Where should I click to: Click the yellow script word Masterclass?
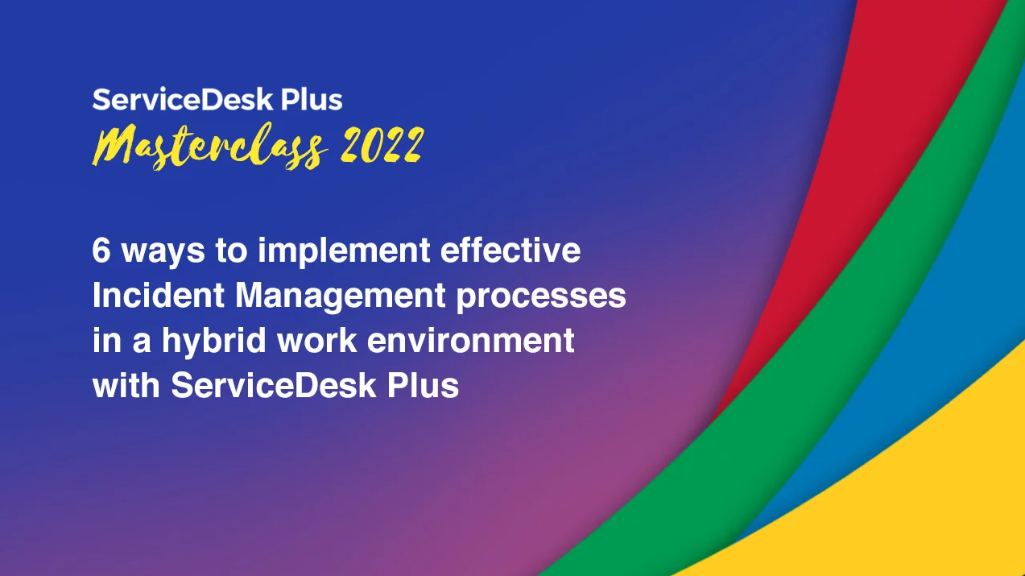point(209,147)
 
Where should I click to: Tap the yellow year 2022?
point(382,145)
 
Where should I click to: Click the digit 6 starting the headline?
point(101,250)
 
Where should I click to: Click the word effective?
point(510,250)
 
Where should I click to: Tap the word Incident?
point(159,296)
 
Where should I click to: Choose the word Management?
point(341,296)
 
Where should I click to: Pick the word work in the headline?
point(317,340)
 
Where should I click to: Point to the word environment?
point(471,341)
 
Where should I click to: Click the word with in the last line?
point(126,386)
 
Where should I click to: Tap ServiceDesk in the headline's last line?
point(274,386)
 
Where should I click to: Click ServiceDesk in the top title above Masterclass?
point(183,99)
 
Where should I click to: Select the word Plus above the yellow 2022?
point(311,99)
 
